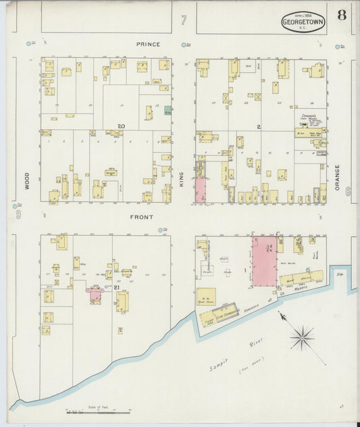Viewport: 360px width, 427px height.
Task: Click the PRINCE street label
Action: [x=148, y=45]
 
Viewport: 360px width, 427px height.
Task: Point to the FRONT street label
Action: [x=142, y=217]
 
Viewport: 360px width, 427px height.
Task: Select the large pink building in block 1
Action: [x=264, y=261]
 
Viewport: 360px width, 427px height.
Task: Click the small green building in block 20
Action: [x=168, y=110]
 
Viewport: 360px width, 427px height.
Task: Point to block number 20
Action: [x=121, y=126]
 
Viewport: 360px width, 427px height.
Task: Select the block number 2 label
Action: [x=258, y=126]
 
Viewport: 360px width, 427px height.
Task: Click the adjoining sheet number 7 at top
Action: [x=183, y=20]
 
